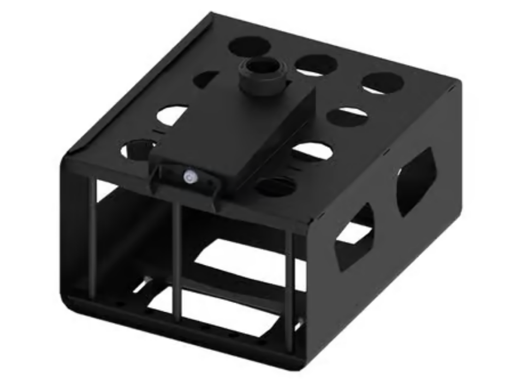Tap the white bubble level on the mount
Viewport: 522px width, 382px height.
189,177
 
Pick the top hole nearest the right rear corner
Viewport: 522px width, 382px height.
382,83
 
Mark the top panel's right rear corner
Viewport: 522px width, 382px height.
458,83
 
